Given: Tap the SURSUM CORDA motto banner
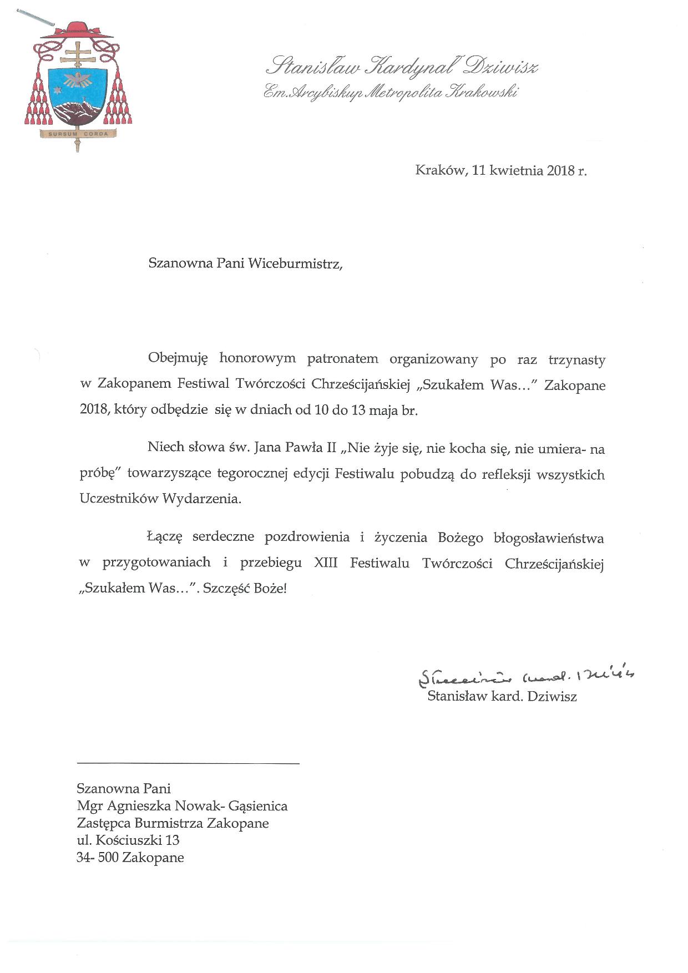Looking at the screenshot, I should coord(77,134).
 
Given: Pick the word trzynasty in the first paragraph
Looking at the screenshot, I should coord(577,359).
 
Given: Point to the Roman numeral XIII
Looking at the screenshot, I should coord(326,563).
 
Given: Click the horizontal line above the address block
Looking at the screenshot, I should coord(188,764).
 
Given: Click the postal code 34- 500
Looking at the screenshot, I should coord(98,858).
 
